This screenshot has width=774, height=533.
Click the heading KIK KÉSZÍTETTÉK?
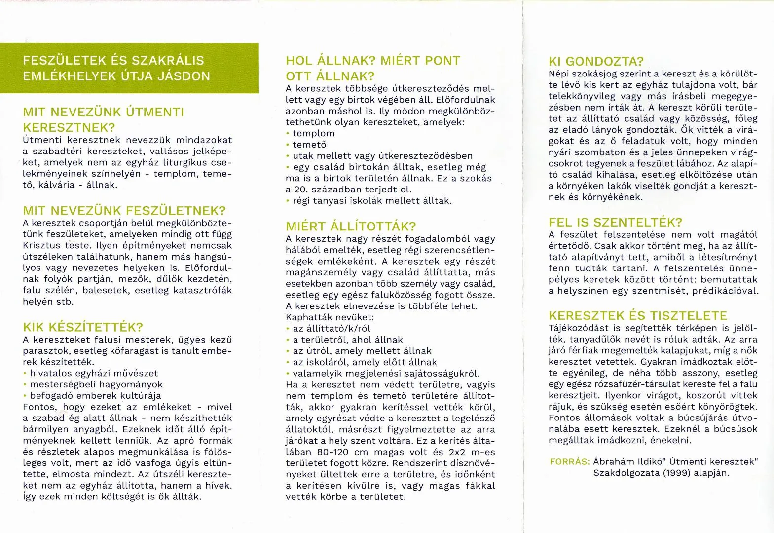click(x=83, y=327)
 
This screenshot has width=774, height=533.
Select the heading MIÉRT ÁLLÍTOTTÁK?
click(x=351, y=227)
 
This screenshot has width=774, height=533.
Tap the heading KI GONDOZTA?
click(x=596, y=62)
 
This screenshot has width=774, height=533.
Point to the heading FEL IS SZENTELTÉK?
click(x=615, y=222)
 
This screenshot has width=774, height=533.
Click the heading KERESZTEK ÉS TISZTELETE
click(x=638, y=316)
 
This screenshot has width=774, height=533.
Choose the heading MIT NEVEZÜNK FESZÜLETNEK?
click(x=124, y=211)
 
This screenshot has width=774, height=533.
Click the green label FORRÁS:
click(x=570, y=462)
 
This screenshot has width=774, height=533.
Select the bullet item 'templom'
click(x=313, y=133)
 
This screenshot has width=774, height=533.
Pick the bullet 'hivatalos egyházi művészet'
click(x=94, y=373)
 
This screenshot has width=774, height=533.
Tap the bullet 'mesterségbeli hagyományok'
click(x=96, y=384)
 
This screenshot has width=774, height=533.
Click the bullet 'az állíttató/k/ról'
click(x=331, y=329)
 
